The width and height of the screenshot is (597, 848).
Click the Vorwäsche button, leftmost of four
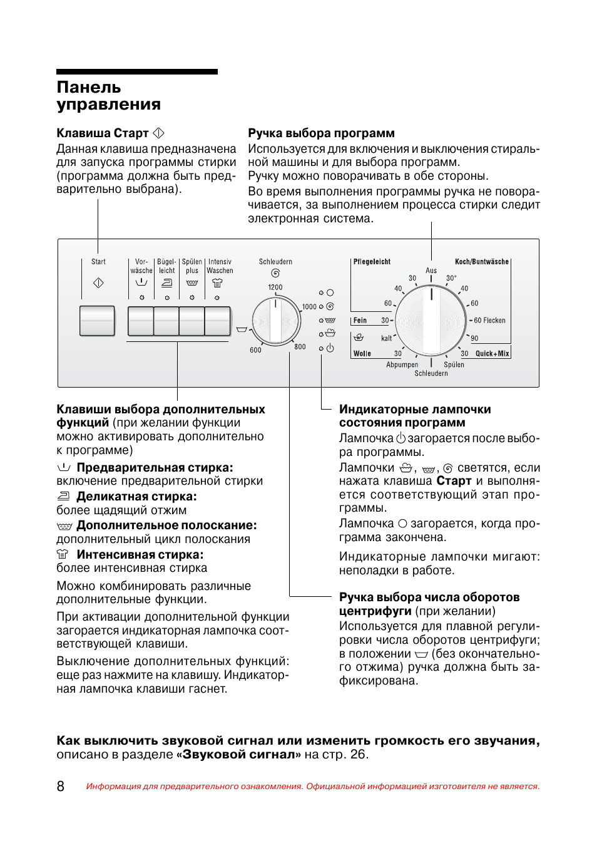point(141,321)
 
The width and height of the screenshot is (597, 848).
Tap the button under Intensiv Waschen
point(218,321)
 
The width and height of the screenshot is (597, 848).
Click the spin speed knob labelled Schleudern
point(276,321)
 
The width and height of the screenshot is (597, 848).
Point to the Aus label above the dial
point(431,271)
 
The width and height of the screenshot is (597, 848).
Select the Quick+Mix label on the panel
point(492,354)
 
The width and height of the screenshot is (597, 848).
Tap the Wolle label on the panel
point(362,354)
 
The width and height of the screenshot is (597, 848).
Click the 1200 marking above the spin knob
point(275,287)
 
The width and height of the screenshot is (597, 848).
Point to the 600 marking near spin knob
point(255,350)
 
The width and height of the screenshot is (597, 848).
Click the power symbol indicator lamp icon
point(330,348)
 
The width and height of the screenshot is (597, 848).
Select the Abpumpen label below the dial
point(402,365)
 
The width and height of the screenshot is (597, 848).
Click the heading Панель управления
point(108,96)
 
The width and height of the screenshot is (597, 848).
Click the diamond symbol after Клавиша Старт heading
point(159,133)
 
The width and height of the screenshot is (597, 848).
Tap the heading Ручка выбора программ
point(321,133)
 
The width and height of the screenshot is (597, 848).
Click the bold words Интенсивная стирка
point(140,554)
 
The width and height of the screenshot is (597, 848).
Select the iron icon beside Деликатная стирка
point(63,496)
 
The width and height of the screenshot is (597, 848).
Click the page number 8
point(61,786)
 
